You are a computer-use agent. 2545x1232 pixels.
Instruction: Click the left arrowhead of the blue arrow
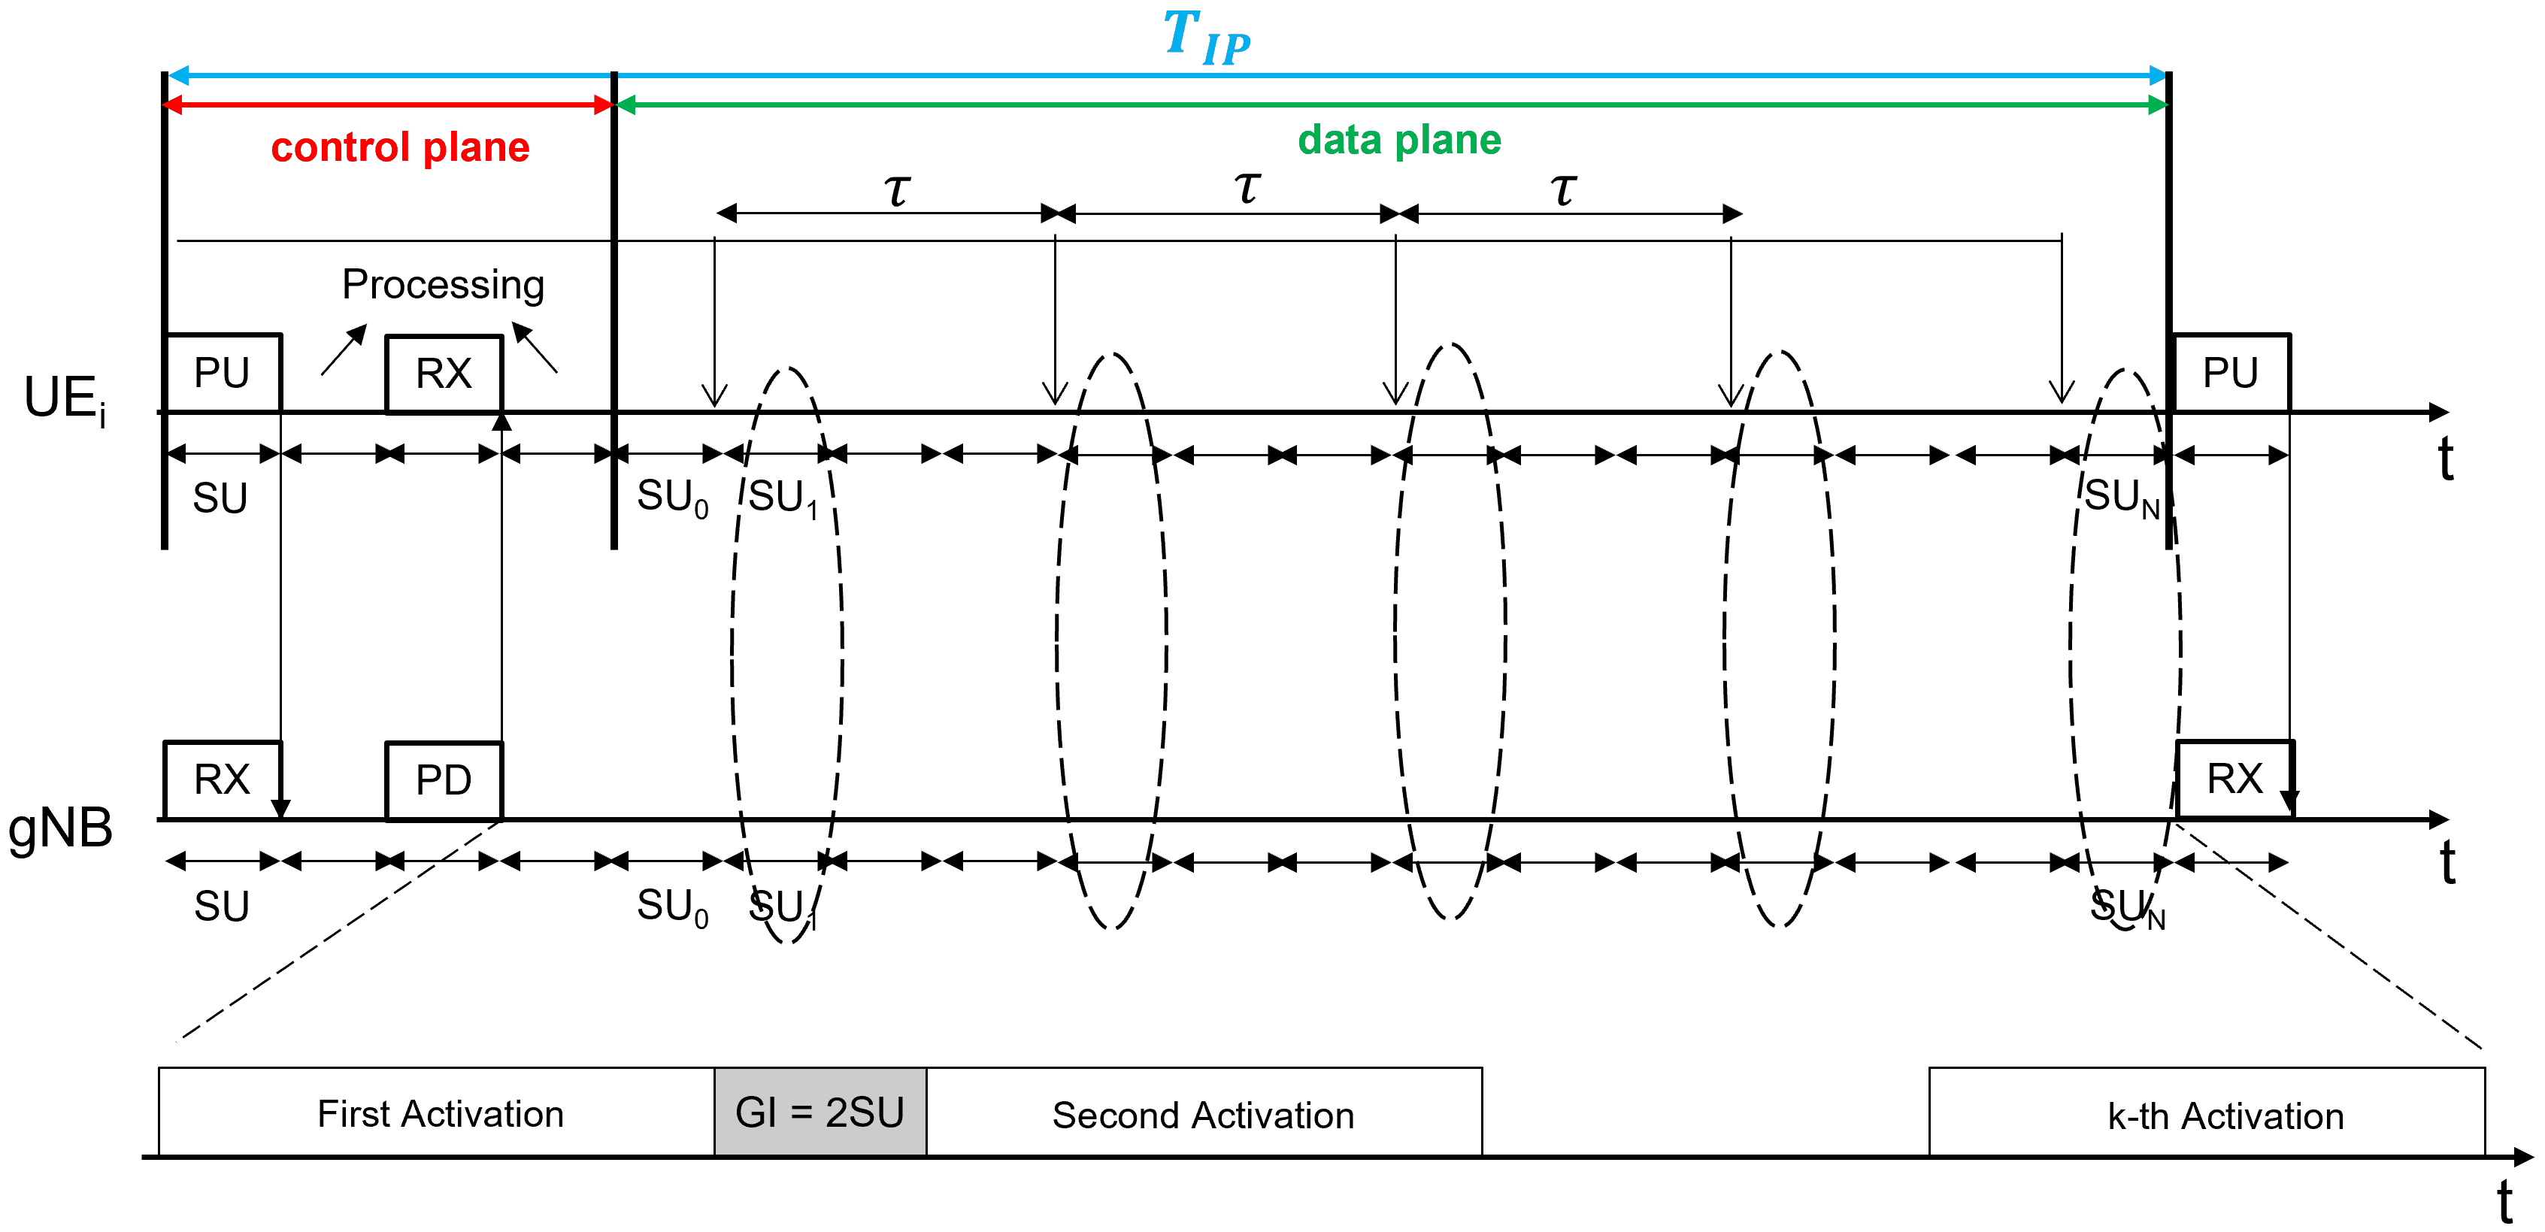pos(178,75)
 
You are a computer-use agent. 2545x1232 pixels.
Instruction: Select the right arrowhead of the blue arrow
pos(2158,75)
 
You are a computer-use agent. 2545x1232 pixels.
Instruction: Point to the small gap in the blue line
pos(614,75)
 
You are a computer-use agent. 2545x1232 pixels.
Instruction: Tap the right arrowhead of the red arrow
pos(604,104)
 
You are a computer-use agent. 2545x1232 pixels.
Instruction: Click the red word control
pos(340,148)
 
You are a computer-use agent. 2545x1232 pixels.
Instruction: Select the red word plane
pos(476,148)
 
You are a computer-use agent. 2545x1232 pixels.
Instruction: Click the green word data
pos(1340,141)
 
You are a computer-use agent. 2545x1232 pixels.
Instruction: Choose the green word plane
pos(1448,141)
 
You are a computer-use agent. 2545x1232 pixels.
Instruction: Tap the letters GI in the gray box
pos(756,1112)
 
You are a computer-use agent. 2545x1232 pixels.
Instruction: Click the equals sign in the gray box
pos(801,1112)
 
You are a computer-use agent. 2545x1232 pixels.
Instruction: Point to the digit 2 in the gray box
pos(837,1112)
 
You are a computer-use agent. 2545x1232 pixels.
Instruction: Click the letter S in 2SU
pos(862,1112)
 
